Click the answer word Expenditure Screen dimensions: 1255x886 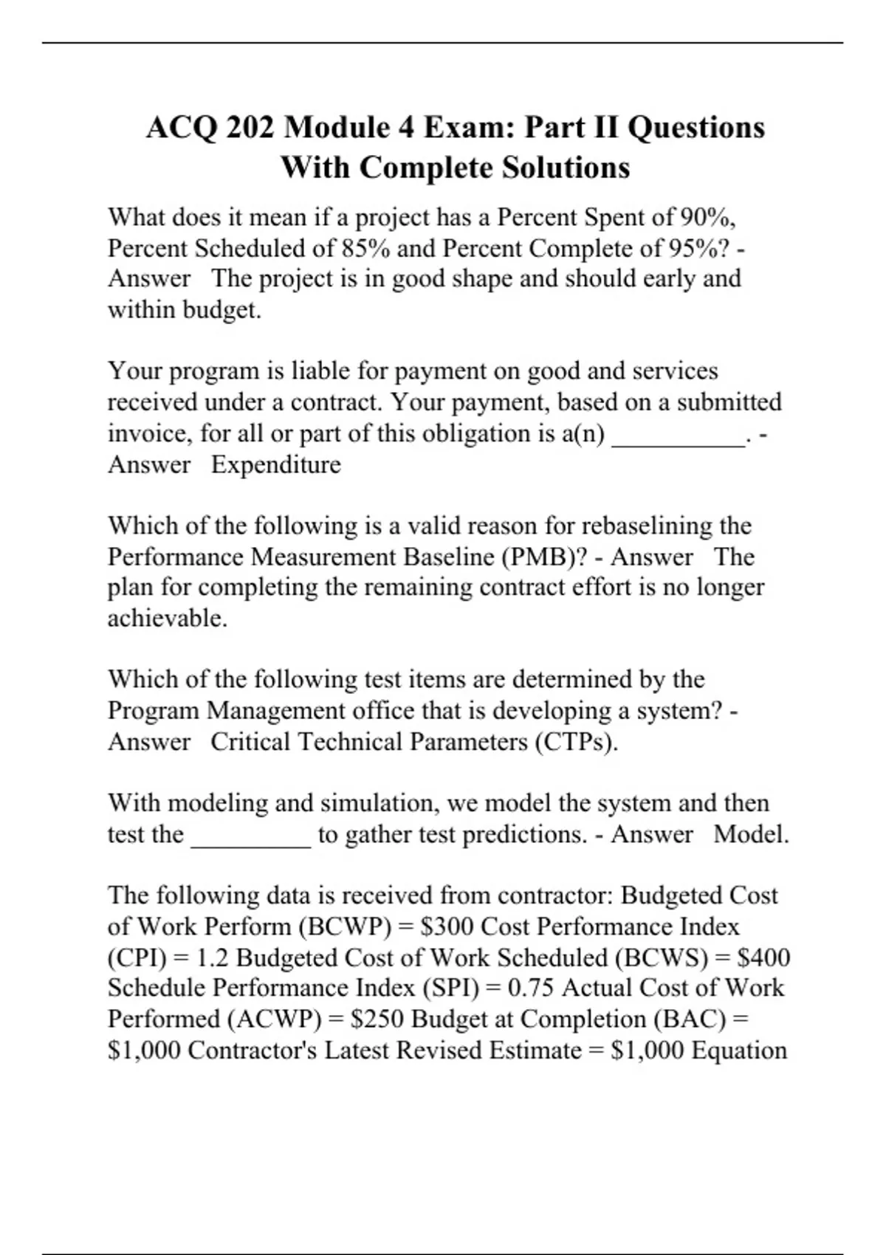coord(276,464)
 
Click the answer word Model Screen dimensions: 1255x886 coord(751,834)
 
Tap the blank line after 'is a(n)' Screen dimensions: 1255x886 coord(679,441)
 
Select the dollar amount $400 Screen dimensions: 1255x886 coord(764,957)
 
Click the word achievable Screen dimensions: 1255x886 coord(168,618)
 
